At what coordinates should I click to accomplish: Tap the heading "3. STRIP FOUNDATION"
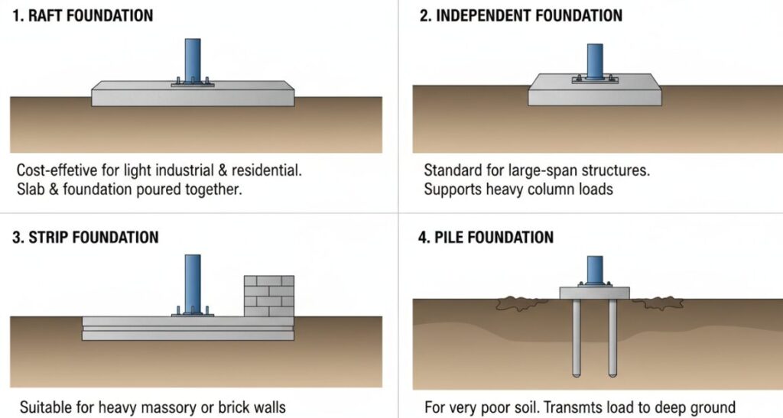click(x=85, y=237)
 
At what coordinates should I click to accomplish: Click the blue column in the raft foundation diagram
click(x=193, y=57)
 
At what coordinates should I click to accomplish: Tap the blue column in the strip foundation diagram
click(x=193, y=279)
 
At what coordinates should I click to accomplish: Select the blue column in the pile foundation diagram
click(x=594, y=269)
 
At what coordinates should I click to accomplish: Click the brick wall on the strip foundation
click(x=268, y=296)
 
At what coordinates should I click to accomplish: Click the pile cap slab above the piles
click(x=594, y=293)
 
